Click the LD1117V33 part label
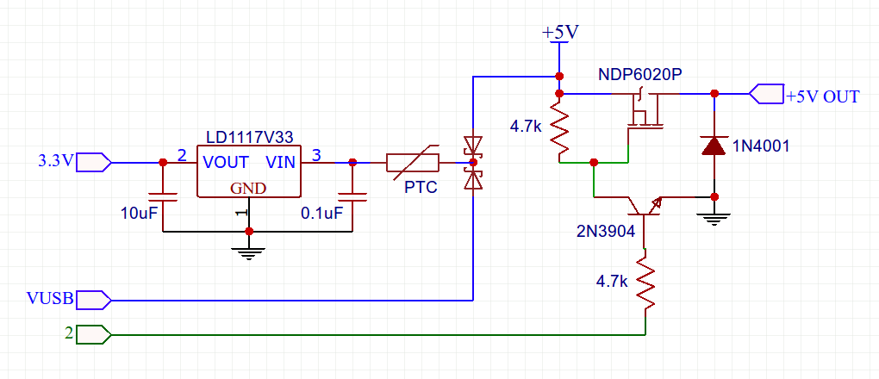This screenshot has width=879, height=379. pyautogui.click(x=249, y=137)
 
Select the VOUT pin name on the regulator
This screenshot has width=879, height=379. pyautogui.click(x=226, y=162)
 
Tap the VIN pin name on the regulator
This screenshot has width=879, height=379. pyautogui.click(x=282, y=162)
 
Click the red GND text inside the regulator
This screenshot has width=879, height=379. pyautogui.click(x=247, y=189)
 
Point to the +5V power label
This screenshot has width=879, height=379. pyautogui.click(x=560, y=32)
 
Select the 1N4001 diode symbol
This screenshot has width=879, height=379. pyautogui.click(x=714, y=146)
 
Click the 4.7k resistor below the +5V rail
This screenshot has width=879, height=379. pyautogui.click(x=559, y=127)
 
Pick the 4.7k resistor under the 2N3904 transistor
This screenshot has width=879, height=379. pyautogui.click(x=644, y=282)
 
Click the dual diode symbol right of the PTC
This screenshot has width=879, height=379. pyautogui.click(x=471, y=161)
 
